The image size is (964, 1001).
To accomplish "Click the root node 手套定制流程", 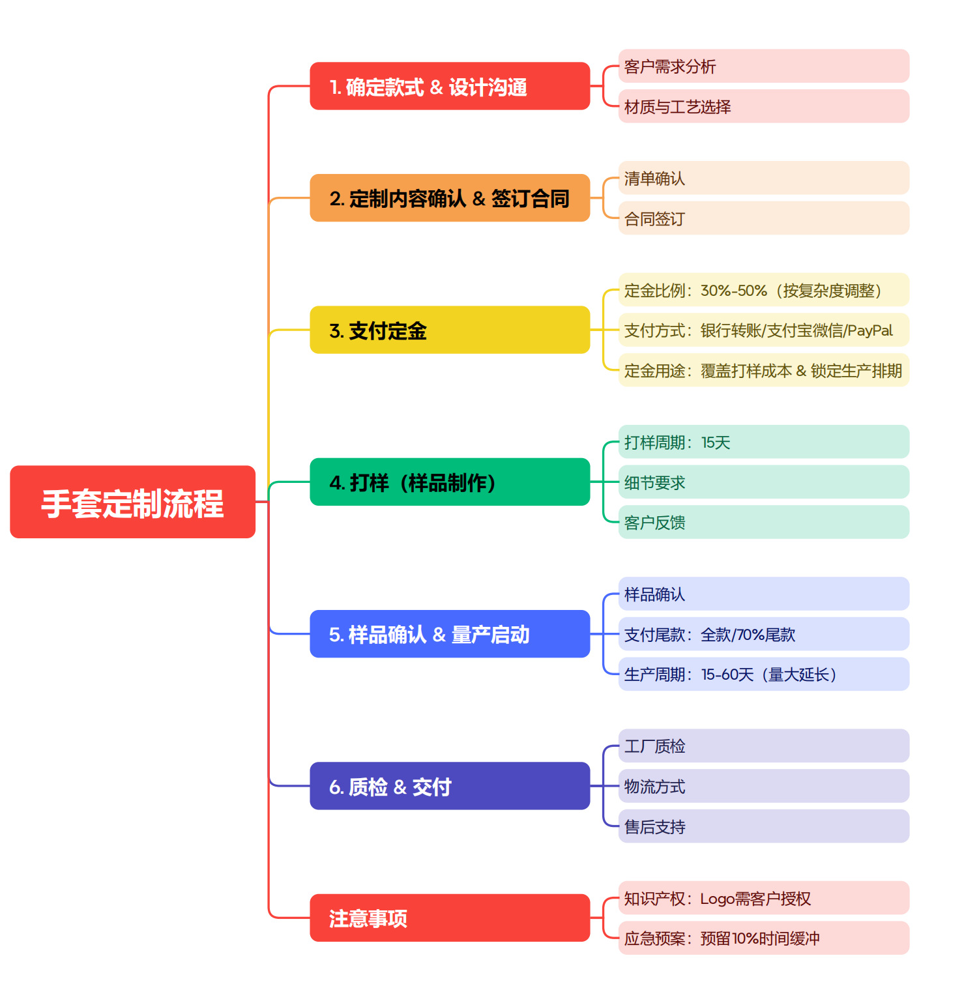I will [132, 502].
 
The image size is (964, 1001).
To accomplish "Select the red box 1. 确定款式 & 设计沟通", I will [450, 86].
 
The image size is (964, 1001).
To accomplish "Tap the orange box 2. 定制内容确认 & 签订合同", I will [450, 198].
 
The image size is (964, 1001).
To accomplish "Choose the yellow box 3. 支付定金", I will [450, 330].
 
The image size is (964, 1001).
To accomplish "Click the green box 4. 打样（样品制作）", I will [450, 482].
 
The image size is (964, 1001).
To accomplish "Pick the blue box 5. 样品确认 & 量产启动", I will [450, 634].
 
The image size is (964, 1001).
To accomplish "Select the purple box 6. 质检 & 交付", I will [450, 786].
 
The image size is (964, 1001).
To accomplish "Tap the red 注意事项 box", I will [450, 918].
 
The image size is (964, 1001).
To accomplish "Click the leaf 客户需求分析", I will [670, 66].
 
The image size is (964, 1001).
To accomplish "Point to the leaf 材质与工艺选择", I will [677, 107].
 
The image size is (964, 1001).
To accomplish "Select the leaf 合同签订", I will [654, 219].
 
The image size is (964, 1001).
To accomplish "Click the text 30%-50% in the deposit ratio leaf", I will [733, 291].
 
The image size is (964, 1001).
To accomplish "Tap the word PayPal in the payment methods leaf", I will [869, 331].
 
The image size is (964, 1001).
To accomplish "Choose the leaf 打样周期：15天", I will [677, 442].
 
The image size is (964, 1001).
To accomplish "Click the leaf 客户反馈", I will [654, 523].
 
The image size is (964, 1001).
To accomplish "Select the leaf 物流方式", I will [654, 787].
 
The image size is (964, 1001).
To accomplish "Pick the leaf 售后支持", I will [654, 827].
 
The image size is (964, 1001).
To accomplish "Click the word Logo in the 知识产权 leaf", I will [717, 899].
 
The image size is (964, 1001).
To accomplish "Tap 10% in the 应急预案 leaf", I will [745, 939].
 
